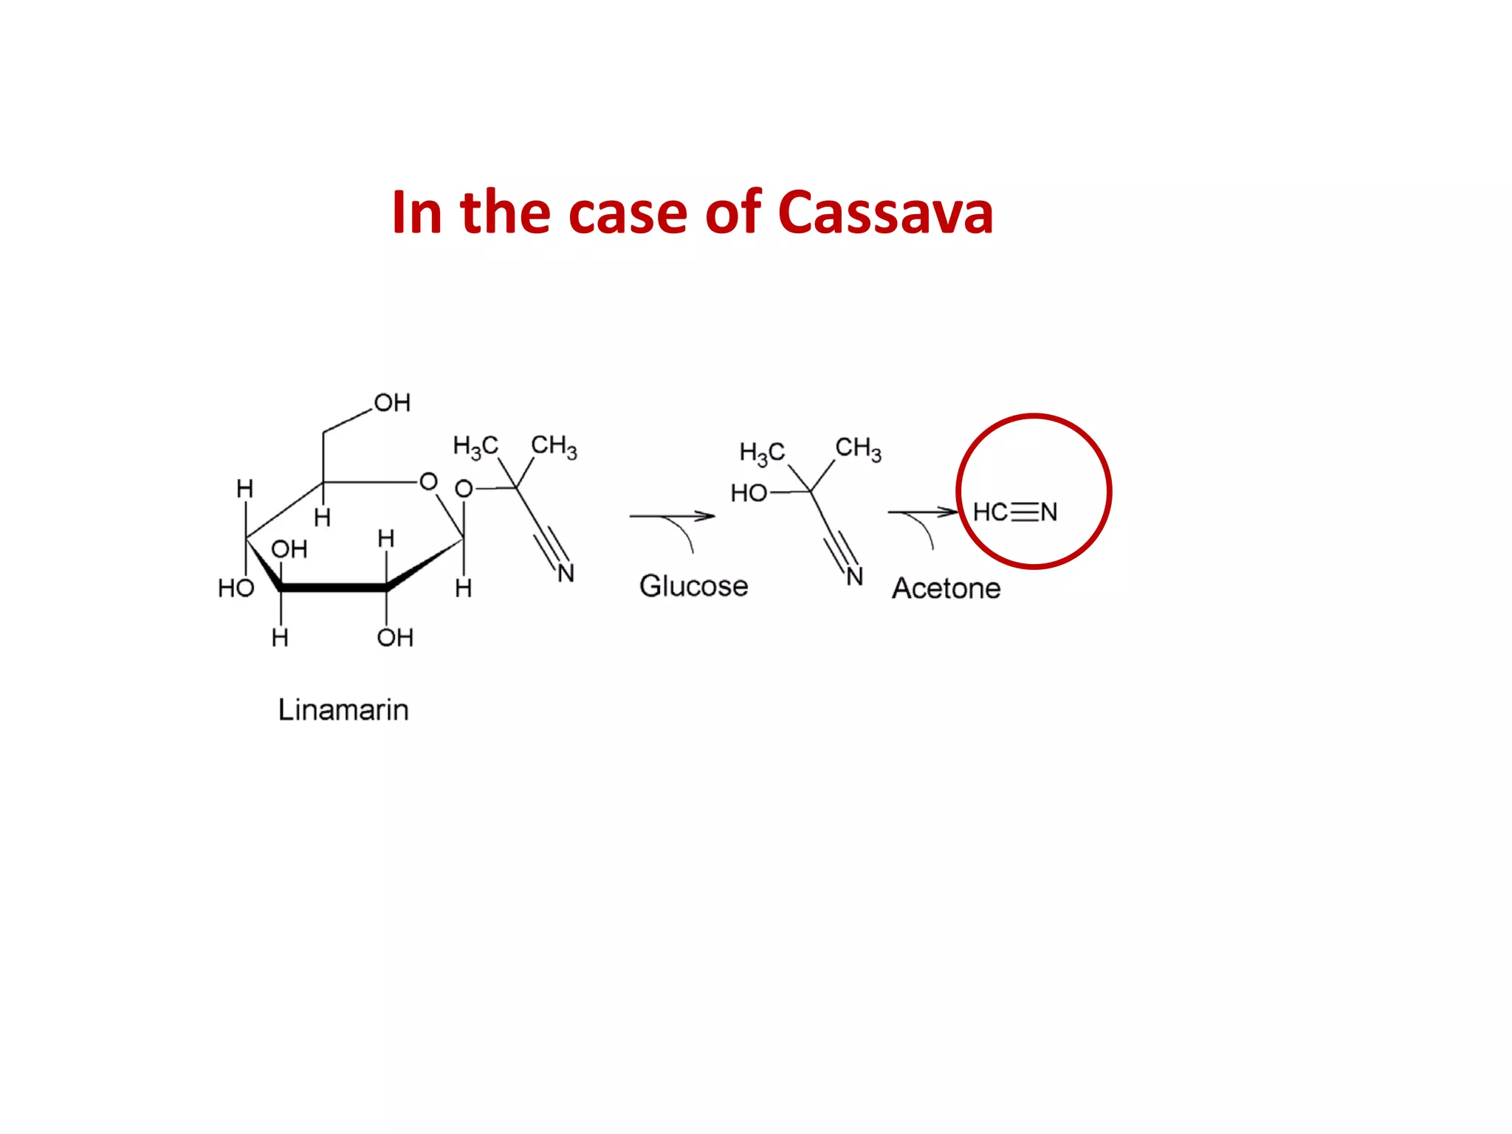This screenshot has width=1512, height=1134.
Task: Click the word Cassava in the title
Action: (x=885, y=213)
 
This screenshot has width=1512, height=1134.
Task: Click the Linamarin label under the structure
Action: (x=343, y=709)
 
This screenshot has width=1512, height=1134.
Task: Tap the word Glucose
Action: (x=693, y=586)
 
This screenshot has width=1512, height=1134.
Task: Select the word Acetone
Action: (x=946, y=588)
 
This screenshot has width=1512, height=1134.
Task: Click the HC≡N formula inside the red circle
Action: (x=1015, y=512)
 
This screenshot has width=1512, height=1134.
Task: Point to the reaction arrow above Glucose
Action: (x=671, y=516)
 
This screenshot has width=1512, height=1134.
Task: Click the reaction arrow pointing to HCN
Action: (x=922, y=512)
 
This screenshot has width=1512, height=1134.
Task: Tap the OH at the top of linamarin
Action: (x=392, y=403)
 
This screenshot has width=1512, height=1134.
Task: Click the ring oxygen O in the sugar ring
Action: (x=428, y=482)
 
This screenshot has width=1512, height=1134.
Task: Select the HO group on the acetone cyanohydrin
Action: (x=749, y=493)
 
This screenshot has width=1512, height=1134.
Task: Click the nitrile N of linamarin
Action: (x=566, y=574)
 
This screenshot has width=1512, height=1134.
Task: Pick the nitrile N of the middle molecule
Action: (x=854, y=577)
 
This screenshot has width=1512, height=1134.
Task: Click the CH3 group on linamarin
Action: (x=554, y=446)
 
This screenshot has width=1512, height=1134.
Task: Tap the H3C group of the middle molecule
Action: (x=762, y=453)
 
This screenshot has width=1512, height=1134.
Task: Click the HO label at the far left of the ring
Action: (x=236, y=588)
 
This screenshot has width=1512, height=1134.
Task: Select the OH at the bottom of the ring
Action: (x=395, y=638)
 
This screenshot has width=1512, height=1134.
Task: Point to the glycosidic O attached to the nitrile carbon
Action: (x=464, y=489)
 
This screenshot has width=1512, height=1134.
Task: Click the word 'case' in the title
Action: (x=628, y=213)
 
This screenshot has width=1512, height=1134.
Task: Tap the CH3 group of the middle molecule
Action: (x=858, y=448)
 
